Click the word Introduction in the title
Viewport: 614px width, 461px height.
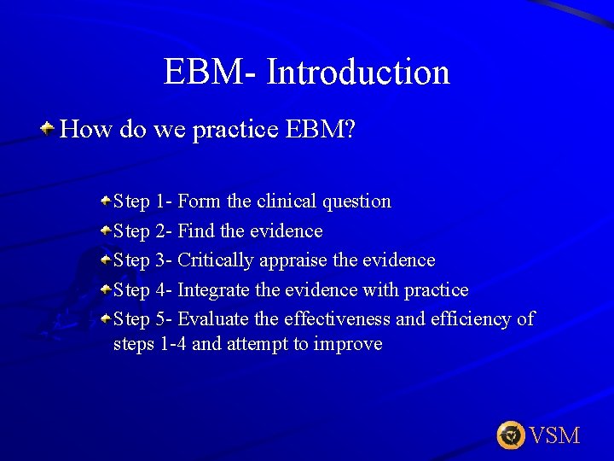pyautogui.click(x=358, y=72)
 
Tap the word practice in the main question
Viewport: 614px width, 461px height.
pyautogui.click(x=236, y=130)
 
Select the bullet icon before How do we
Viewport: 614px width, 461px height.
pyautogui.click(x=49, y=129)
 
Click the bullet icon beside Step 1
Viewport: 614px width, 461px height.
pyautogui.click(x=105, y=201)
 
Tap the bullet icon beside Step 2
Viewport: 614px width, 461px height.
pyautogui.click(x=105, y=230)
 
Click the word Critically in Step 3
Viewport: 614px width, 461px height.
pyautogui.click(x=215, y=260)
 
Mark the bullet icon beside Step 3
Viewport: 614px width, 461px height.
pyautogui.click(x=105, y=260)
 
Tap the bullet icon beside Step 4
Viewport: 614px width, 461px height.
pyautogui.click(x=105, y=289)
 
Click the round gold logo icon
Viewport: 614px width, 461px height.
pyautogui.click(x=511, y=435)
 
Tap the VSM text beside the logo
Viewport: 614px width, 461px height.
pyautogui.click(x=555, y=435)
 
